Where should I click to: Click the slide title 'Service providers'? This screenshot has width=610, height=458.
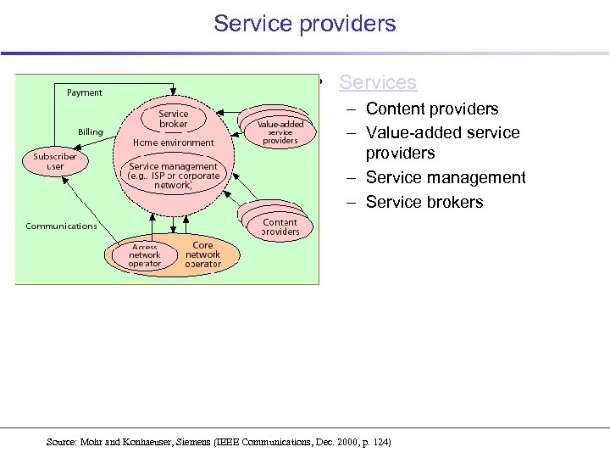click(x=305, y=24)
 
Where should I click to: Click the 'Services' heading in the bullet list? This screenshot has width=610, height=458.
click(x=378, y=82)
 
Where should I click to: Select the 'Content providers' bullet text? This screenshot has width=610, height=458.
click(x=432, y=109)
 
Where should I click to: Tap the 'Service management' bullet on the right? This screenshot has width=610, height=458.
click(x=446, y=177)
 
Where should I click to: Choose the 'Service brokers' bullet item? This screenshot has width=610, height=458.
click(x=424, y=202)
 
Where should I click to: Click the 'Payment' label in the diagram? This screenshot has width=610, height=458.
click(x=85, y=92)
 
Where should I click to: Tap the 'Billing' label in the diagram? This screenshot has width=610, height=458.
click(x=91, y=132)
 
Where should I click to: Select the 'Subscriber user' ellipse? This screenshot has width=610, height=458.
click(x=55, y=161)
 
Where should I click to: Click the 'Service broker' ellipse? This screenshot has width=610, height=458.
click(x=174, y=119)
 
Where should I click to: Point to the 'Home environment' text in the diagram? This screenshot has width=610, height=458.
click(x=174, y=142)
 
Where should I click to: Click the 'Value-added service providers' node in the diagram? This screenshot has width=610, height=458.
click(x=280, y=132)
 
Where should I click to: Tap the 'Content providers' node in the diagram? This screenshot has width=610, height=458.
click(x=280, y=226)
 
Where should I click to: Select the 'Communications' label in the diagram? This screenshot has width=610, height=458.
click(x=61, y=226)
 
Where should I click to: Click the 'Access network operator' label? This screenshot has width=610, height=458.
click(x=145, y=255)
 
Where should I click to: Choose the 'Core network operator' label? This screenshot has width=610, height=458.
click(x=202, y=254)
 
